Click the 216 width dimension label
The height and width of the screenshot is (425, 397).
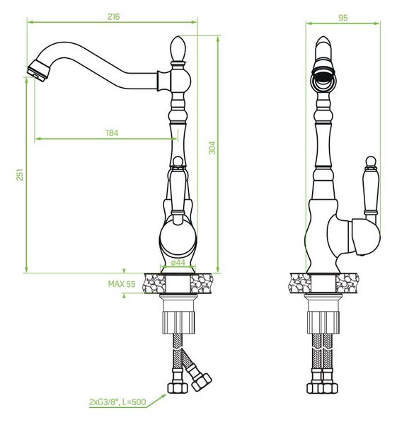click(x=113, y=16)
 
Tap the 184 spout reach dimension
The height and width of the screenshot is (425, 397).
click(x=112, y=133)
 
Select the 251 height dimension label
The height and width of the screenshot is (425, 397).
click(x=20, y=174)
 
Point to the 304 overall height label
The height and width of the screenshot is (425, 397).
click(x=212, y=148)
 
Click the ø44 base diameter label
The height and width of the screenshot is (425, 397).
click(x=178, y=262)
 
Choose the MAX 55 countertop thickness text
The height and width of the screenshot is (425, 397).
click(x=122, y=284)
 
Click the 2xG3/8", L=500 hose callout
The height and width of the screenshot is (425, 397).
click(x=117, y=402)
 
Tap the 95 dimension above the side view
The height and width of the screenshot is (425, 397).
click(x=343, y=18)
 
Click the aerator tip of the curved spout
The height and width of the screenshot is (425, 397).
click(x=38, y=70)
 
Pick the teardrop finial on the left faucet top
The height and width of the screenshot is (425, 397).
click(x=178, y=49)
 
